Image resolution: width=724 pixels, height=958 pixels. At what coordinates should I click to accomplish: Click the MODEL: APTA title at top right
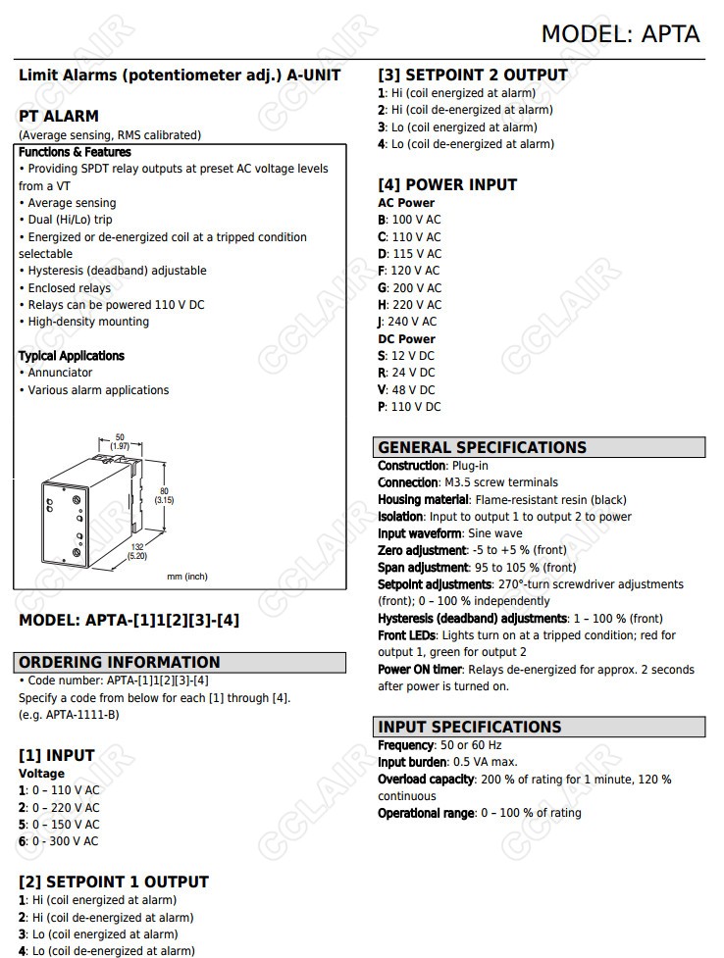pyautogui.click(x=620, y=34)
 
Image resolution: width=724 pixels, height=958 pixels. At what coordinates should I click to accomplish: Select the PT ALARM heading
pyautogui.click(x=59, y=116)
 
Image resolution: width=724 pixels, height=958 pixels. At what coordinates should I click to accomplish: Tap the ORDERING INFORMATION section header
pyautogui.click(x=120, y=662)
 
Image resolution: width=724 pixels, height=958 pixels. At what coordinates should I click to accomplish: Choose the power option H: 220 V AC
pyautogui.click(x=410, y=305)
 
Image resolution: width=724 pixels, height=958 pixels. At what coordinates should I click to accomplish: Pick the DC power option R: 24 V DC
pyautogui.click(x=406, y=373)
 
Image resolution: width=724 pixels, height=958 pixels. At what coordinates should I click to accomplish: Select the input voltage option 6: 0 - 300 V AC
pyautogui.click(x=59, y=841)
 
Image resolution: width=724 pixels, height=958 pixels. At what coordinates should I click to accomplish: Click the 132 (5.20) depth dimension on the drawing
pyautogui.click(x=138, y=551)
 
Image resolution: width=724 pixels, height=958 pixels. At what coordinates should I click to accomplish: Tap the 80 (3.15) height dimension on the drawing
pyautogui.click(x=164, y=494)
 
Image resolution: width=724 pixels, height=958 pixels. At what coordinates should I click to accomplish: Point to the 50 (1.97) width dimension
pyautogui.click(x=120, y=441)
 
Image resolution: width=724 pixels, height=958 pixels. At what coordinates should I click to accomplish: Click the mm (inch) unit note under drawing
pyautogui.click(x=187, y=577)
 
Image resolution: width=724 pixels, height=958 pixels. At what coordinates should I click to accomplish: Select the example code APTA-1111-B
pyautogui.click(x=82, y=714)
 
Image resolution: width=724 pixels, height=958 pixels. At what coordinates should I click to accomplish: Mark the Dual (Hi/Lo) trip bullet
pyautogui.click(x=70, y=220)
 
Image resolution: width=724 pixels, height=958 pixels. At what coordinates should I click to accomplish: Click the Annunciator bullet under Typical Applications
pyautogui.click(x=60, y=373)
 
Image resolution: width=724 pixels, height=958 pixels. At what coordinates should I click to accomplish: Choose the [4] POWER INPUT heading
pyautogui.click(x=447, y=184)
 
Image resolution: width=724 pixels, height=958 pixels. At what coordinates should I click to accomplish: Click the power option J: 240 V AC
pyautogui.click(x=407, y=322)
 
